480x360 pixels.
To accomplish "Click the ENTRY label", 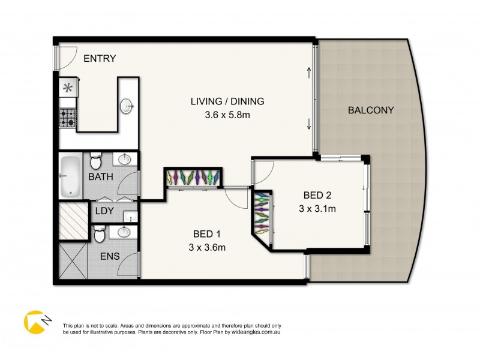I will click(x=100, y=58).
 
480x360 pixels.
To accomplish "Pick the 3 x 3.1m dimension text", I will click(x=317, y=209).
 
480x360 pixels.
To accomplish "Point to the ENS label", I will click(x=110, y=256).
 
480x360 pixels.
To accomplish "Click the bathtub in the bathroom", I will click(x=71, y=176).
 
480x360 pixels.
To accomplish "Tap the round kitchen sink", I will click(x=128, y=106).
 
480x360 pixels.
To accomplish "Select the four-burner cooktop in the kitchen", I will click(x=67, y=118).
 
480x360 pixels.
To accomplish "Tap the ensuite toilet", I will click(x=100, y=235).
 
